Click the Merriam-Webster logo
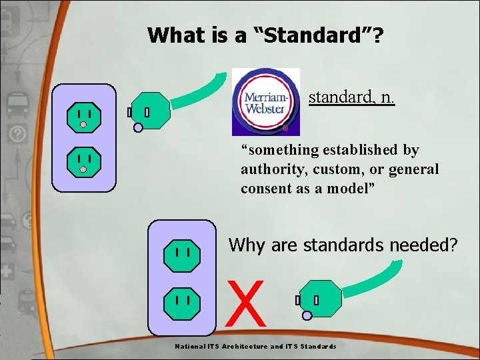coord(265,101)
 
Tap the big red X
coord(246,303)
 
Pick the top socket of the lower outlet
coord(183,255)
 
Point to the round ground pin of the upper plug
coord(137,128)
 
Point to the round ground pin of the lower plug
coord(307,316)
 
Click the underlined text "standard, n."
coord(351,98)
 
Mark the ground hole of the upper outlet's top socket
coord(84,124)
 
